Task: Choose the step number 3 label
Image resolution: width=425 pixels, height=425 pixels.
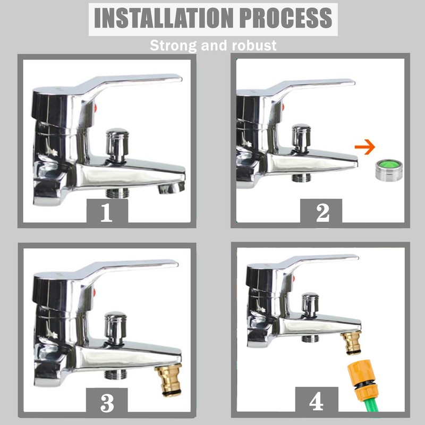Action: click(107, 403)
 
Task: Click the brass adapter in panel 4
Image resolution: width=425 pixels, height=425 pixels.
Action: click(351, 343)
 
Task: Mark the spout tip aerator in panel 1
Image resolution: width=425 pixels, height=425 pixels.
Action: click(171, 187)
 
